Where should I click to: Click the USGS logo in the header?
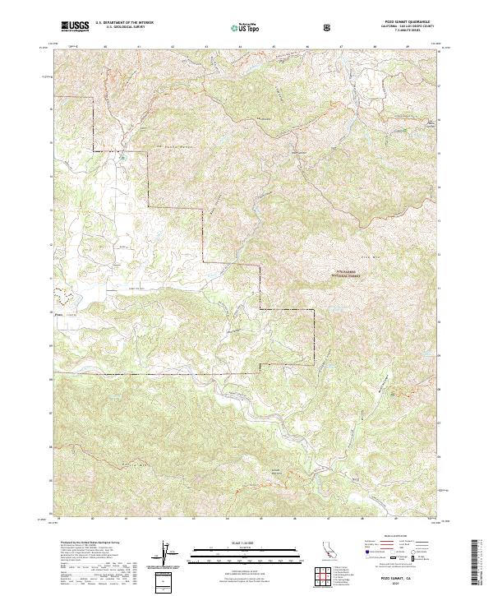[x=75, y=27]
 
